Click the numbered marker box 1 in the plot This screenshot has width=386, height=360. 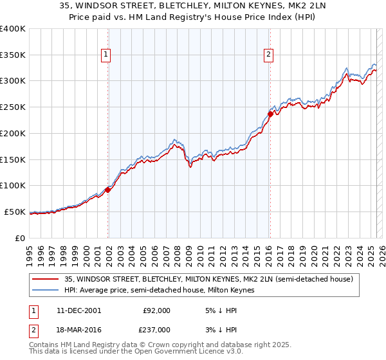(106, 55)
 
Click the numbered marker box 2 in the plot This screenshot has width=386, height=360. (268, 55)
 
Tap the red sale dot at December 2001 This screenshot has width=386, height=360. (108, 190)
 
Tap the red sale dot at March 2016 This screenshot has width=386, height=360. (270, 114)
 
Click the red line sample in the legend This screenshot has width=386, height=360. (46, 280)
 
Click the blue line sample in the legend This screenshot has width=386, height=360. (46, 291)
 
